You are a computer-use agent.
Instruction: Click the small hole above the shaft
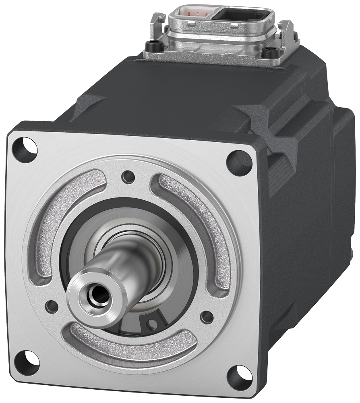128,176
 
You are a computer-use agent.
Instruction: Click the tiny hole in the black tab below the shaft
153,323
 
